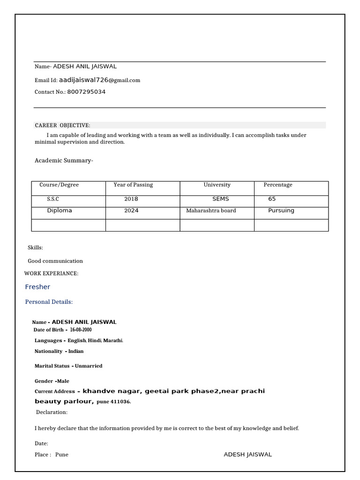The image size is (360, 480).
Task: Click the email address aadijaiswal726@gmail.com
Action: pos(99,80)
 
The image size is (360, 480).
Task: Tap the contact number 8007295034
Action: pos(86,92)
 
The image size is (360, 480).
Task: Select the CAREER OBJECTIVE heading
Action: pos(62,125)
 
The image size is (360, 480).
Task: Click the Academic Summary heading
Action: pos(64,161)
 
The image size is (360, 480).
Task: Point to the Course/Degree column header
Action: pos(59,185)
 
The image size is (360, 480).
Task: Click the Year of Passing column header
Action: pos(133,185)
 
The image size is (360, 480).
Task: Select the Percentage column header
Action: pos(277,185)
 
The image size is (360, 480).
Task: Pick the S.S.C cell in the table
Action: pos(53,199)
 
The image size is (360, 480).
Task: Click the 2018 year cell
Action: pos(131,199)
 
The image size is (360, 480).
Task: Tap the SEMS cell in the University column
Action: pos(220,199)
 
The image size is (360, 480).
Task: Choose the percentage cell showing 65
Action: pos(272,199)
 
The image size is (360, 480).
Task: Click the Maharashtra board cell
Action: pos(211,210)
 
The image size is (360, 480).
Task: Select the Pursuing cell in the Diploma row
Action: pos(281,210)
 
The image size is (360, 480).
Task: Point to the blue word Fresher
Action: pos(37,287)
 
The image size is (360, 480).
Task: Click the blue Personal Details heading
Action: pos(49,302)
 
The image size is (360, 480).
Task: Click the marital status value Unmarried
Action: pos(89,366)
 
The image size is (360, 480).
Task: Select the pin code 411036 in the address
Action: pos(121,402)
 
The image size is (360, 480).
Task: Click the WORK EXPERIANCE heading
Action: pos(51,273)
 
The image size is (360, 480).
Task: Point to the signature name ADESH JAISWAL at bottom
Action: pos(247,454)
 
